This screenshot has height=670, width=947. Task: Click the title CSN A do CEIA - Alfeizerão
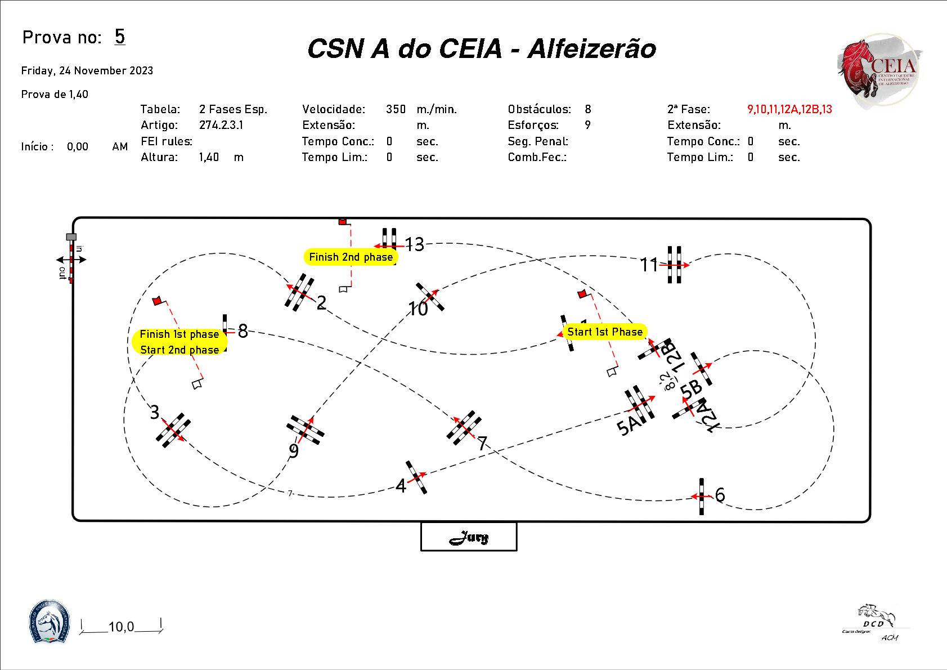pos(482,49)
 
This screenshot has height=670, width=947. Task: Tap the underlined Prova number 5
pos(120,37)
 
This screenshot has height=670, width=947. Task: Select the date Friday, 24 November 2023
pos(87,70)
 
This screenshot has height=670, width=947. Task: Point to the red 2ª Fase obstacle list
pos(789,109)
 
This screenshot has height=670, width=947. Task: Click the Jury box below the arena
pos(469,537)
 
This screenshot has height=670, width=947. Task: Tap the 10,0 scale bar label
pos(122,627)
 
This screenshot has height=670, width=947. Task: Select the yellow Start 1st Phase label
pos(605,332)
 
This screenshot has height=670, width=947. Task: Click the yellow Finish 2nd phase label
pos(351,257)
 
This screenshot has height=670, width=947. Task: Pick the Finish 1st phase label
pos(179,334)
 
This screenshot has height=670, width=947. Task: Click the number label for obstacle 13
pos(415,244)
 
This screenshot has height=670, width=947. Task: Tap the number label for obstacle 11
pos(649,265)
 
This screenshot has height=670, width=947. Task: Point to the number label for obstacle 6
pos(720,495)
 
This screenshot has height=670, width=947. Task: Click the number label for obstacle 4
pos(401,485)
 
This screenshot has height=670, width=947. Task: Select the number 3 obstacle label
pos(155,412)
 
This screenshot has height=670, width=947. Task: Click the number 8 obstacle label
pos(243,331)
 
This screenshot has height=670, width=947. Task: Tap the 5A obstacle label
pos(628,426)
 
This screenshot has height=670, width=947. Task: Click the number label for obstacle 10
pos(418,309)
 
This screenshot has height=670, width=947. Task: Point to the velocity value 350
pos(396,109)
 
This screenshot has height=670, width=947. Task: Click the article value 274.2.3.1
pos(221,125)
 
